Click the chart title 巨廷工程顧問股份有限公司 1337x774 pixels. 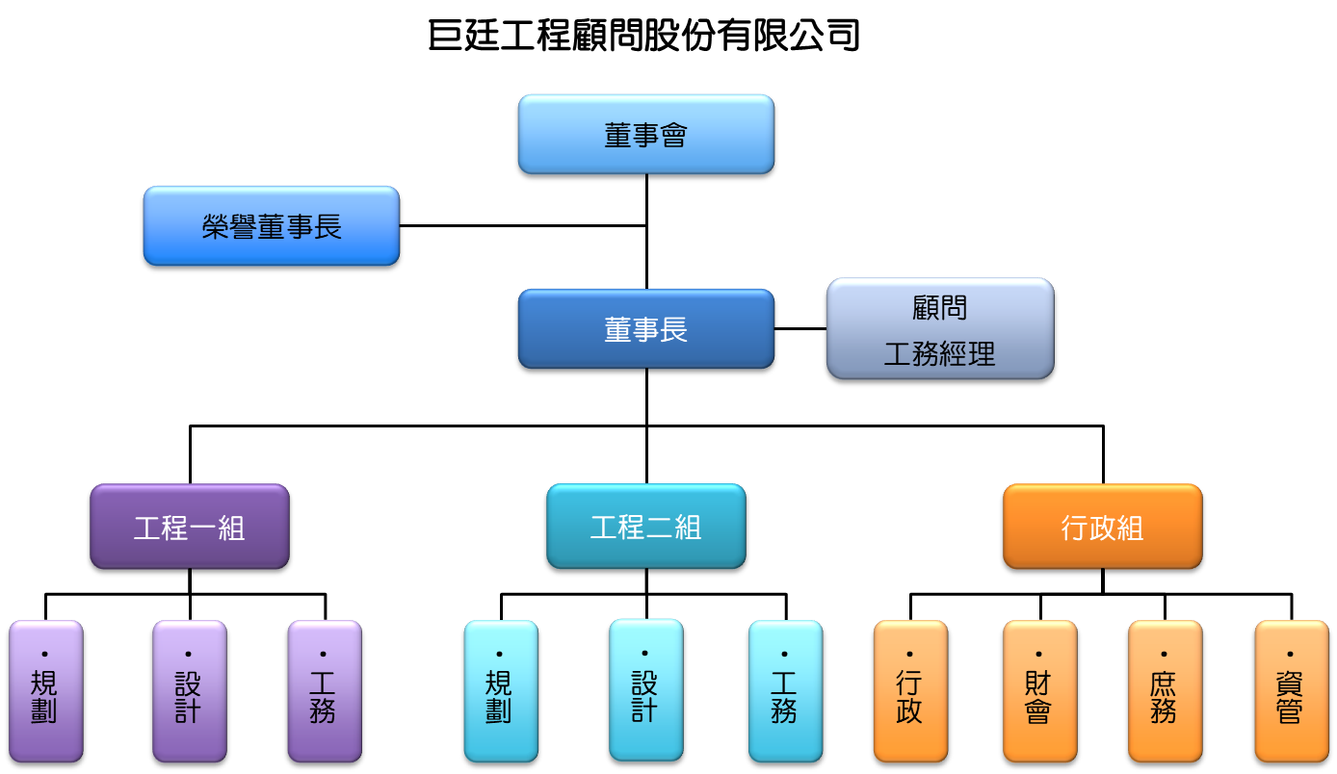[643, 37]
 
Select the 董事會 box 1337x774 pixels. [645, 136]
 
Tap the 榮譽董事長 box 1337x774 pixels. [272, 227]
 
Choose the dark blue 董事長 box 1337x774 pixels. [645, 330]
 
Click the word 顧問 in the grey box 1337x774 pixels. [939, 308]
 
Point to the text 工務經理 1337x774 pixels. [939, 354]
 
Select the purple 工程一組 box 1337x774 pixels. [190, 527]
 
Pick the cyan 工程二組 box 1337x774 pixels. [645, 527]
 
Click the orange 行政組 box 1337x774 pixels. [1103, 527]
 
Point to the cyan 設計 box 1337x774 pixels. [645, 691]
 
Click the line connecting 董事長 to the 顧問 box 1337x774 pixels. [800, 328]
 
